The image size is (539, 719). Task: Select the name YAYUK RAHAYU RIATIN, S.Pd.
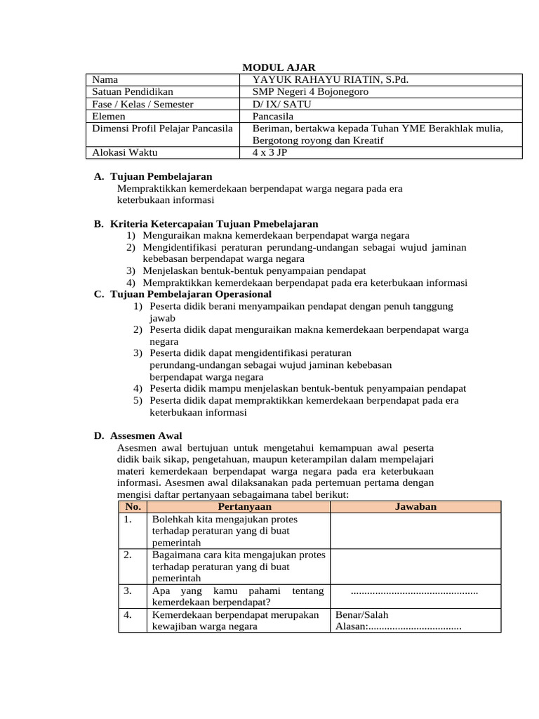[x=330, y=79]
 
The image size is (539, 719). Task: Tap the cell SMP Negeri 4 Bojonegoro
[x=310, y=91]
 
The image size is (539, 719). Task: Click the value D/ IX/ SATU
[x=282, y=104]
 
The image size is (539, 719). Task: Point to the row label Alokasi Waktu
[x=125, y=152]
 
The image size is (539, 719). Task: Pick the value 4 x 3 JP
[x=270, y=152]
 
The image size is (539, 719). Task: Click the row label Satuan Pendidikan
[x=133, y=91]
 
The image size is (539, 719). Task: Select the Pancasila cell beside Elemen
[x=273, y=116]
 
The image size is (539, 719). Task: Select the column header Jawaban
[x=415, y=506]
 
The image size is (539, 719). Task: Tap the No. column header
[x=133, y=506]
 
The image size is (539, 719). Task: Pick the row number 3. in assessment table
[x=128, y=591]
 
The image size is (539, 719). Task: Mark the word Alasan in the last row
[x=350, y=626]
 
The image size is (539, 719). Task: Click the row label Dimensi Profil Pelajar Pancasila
[x=162, y=128]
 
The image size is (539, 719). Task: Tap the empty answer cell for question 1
[x=415, y=531]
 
